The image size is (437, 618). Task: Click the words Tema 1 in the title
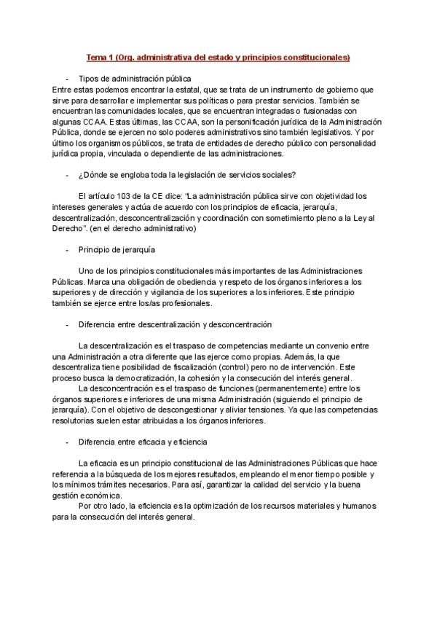100,56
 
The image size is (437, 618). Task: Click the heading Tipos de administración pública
135,78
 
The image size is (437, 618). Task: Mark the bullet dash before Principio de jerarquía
67,249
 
